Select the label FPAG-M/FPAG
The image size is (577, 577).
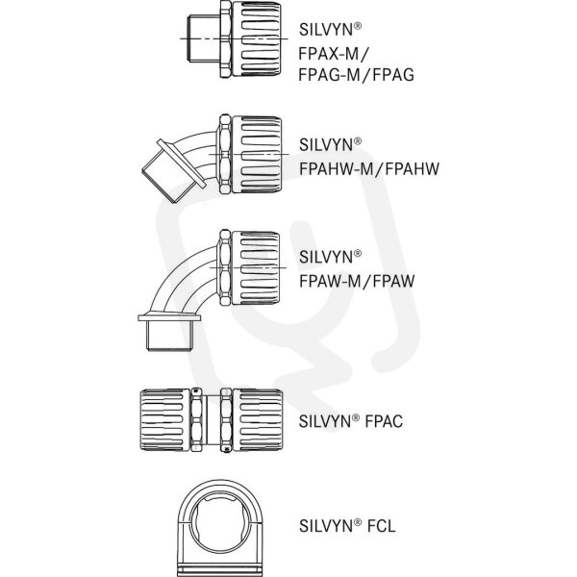356,75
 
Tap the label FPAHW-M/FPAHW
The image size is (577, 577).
369,169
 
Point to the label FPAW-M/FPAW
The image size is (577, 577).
357,281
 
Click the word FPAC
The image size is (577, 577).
384,422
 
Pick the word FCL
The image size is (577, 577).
381,526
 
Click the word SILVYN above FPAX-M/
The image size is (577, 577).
326,30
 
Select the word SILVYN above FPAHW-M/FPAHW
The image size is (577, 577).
326,145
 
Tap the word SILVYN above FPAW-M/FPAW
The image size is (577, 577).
326,257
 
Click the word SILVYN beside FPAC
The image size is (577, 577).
326,422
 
